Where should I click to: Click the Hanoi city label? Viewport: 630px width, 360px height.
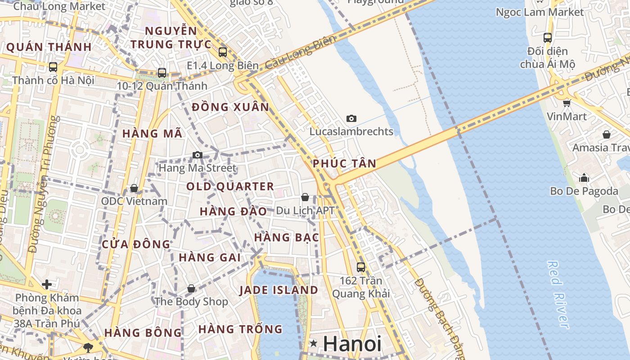(x=352, y=344)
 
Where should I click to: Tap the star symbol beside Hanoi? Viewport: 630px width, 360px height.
(x=314, y=344)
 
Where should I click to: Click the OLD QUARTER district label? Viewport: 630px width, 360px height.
(x=230, y=186)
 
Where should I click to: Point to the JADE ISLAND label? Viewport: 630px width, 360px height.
(x=279, y=290)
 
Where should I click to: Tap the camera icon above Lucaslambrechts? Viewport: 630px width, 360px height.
(x=351, y=118)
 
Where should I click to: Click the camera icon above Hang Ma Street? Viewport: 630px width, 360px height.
(x=197, y=155)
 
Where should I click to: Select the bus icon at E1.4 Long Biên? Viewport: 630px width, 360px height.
(x=223, y=52)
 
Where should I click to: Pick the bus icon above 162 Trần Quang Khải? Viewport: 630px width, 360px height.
(x=360, y=267)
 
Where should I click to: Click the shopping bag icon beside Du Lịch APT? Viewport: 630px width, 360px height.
(x=305, y=197)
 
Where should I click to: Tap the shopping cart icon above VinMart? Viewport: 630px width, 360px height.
(x=567, y=103)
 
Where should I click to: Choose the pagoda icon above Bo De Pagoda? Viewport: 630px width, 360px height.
(x=584, y=178)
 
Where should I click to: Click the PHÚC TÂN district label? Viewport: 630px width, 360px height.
(x=344, y=163)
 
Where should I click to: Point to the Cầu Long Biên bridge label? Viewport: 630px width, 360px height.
(x=301, y=53)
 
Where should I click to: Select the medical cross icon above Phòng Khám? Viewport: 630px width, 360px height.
(x=47, y=284)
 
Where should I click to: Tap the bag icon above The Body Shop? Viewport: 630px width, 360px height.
(x=191, y=288)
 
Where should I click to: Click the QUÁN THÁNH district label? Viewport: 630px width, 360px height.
(x=49, y=47)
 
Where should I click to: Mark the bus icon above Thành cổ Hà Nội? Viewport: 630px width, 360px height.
(x=53, y=67)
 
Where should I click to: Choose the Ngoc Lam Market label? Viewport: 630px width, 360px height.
(x=539, y=12)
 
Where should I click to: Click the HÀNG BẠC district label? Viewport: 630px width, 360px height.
(x=286, y=237)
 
